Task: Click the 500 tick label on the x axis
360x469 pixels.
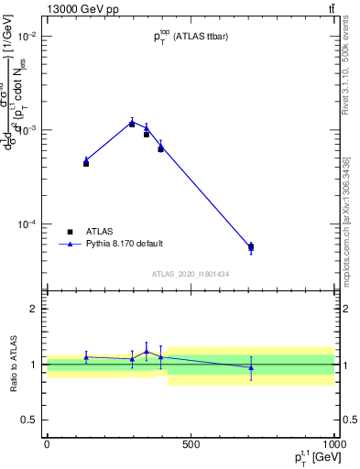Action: tap(191, 444)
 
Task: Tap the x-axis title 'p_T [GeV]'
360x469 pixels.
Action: tap(308, 459)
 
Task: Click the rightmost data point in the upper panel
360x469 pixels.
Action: tap(251, 246)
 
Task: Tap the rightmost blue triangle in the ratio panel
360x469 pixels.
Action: tap(251, 366)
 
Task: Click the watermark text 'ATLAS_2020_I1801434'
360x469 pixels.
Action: tap(191, 274)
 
